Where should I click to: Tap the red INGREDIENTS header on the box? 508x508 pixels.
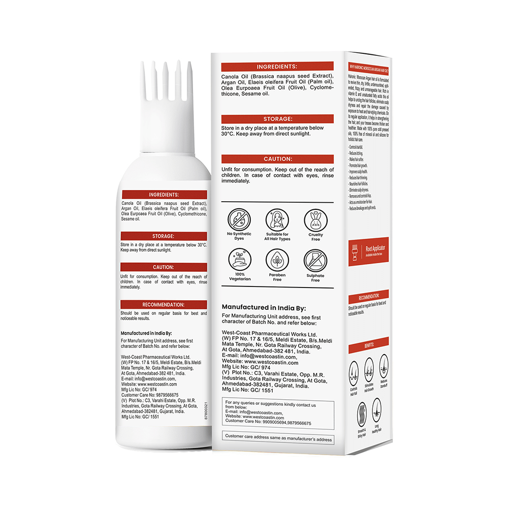[x=277, y=67]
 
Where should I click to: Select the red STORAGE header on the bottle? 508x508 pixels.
[x=164, y=236]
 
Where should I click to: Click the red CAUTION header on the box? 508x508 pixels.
[x=277, y=159]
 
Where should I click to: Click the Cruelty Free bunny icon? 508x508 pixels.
[x=315, y=220]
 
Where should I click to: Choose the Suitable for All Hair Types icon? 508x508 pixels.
[x=277, y=220]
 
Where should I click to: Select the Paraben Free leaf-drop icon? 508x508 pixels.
[x=277, y=260]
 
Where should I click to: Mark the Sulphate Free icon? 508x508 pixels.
[x=315, y=260]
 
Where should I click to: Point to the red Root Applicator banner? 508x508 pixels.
[x=368, y=251]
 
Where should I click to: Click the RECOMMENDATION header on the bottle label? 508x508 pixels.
[x=164, y=305]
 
